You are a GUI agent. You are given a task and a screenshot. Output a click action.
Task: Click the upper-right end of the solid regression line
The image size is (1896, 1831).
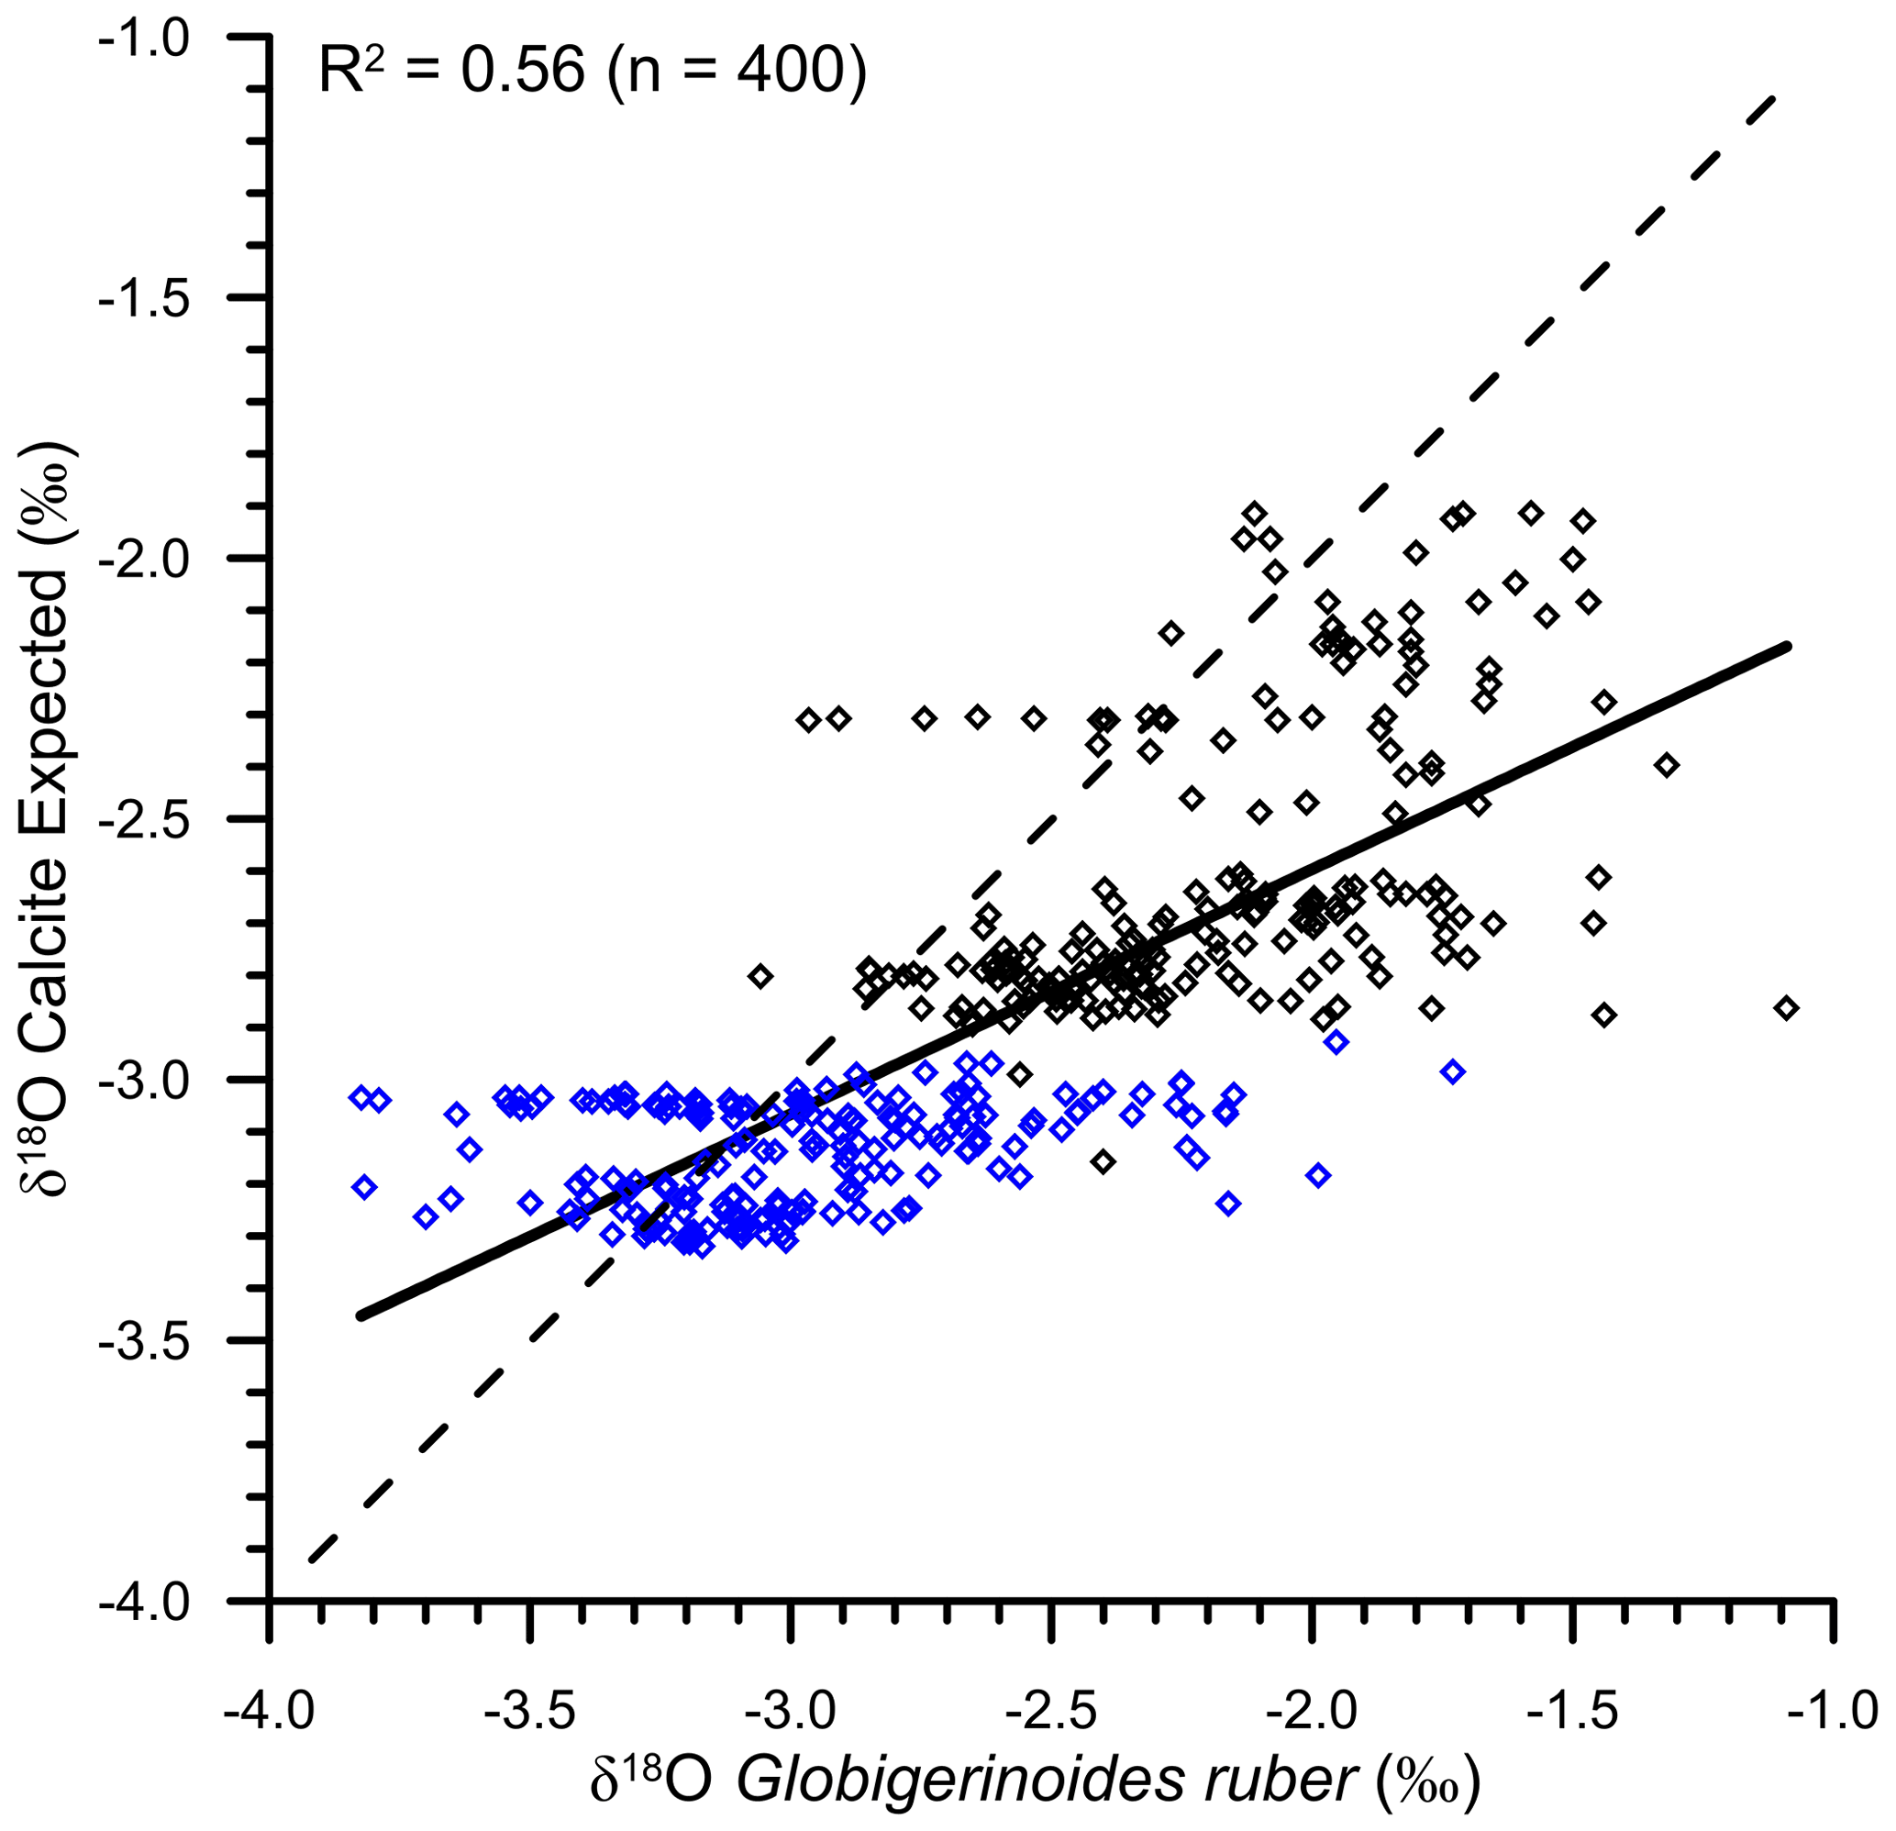click(1788, 645)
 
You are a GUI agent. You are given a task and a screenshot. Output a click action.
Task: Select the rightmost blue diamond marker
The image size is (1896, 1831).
click(1453, 1071)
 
